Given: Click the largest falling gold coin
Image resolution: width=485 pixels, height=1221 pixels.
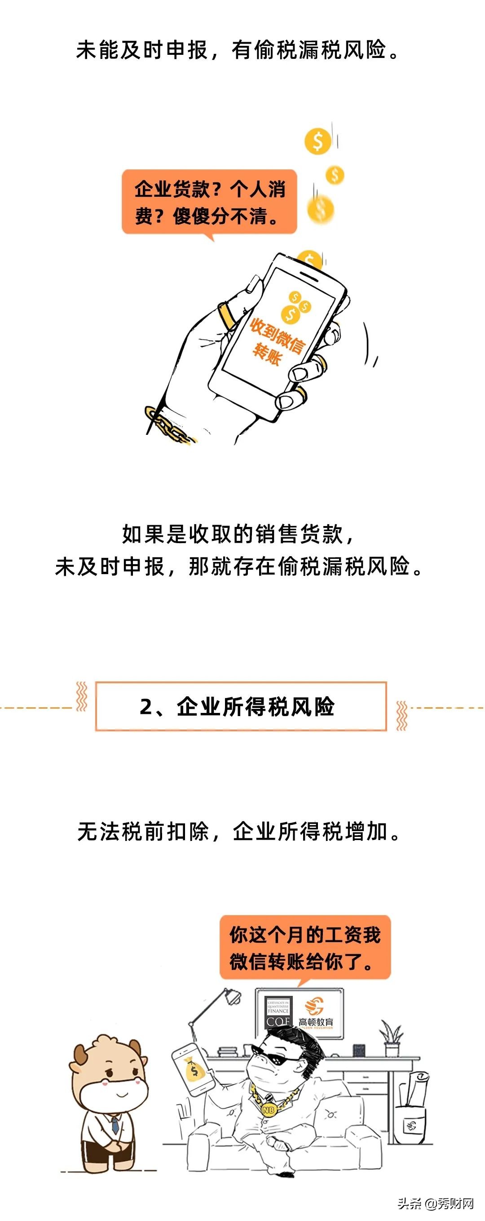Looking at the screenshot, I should [x=317, y=140].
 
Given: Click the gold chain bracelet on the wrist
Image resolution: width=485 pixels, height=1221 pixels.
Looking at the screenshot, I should [x=168, y=426].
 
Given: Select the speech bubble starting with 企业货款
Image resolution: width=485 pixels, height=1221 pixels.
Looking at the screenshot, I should [x=209, y=203].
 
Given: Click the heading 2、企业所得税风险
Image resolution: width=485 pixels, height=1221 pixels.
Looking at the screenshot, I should [x=241, y=707].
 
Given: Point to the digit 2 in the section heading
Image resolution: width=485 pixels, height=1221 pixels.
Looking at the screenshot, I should [x=146, y=707].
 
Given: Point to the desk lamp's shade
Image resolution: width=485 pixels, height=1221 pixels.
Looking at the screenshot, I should [x=233, y=995].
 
